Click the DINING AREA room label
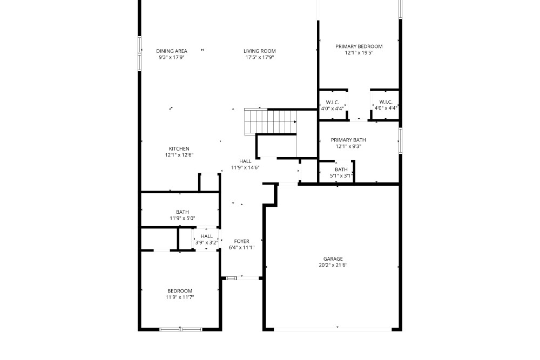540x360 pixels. pyautogui.click(x=172, y=51)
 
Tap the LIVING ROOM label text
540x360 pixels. pyautogui.click(x=260, y=51)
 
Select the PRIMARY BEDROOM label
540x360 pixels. pyautogui.click(x=359, y=46)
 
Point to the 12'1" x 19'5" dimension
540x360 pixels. pyautogui.click(x=359, y=53)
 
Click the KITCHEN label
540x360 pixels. pyautogui.click(x=179, y=148)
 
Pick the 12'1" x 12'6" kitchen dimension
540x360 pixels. pyautogui.click(x=179, y=155)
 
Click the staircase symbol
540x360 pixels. pyautogui.click(x=271, y=121)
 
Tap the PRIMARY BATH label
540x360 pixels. pyautogui.click(x=348, y=140)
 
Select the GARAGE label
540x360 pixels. pyautogui.click(x=333, y=259)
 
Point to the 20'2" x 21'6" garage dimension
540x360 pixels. pyautogui.click(x=333, y=265)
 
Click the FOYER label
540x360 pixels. pyautogui.click(x=242, y=241)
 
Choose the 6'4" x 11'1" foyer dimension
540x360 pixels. pyautogui.click(x=242, y=247)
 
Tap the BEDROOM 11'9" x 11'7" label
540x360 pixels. pyautogui.click(x=180, y=294)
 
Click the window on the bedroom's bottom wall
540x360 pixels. pyautogui.click(x=181, y=329)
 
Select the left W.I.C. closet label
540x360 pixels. pyautogui.click(x=332, y=105)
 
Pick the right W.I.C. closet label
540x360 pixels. pyautogui.click(x=386, y=105)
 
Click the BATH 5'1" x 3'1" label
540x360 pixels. pyautogui.click(x=341, y=172)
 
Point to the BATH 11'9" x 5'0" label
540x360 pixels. pyautogui.click(x=183, y=215)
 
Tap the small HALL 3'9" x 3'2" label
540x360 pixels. pyautogui.click(x=207, y=239)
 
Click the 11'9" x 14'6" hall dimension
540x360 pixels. pyautogui.click(x=245, y=168)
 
